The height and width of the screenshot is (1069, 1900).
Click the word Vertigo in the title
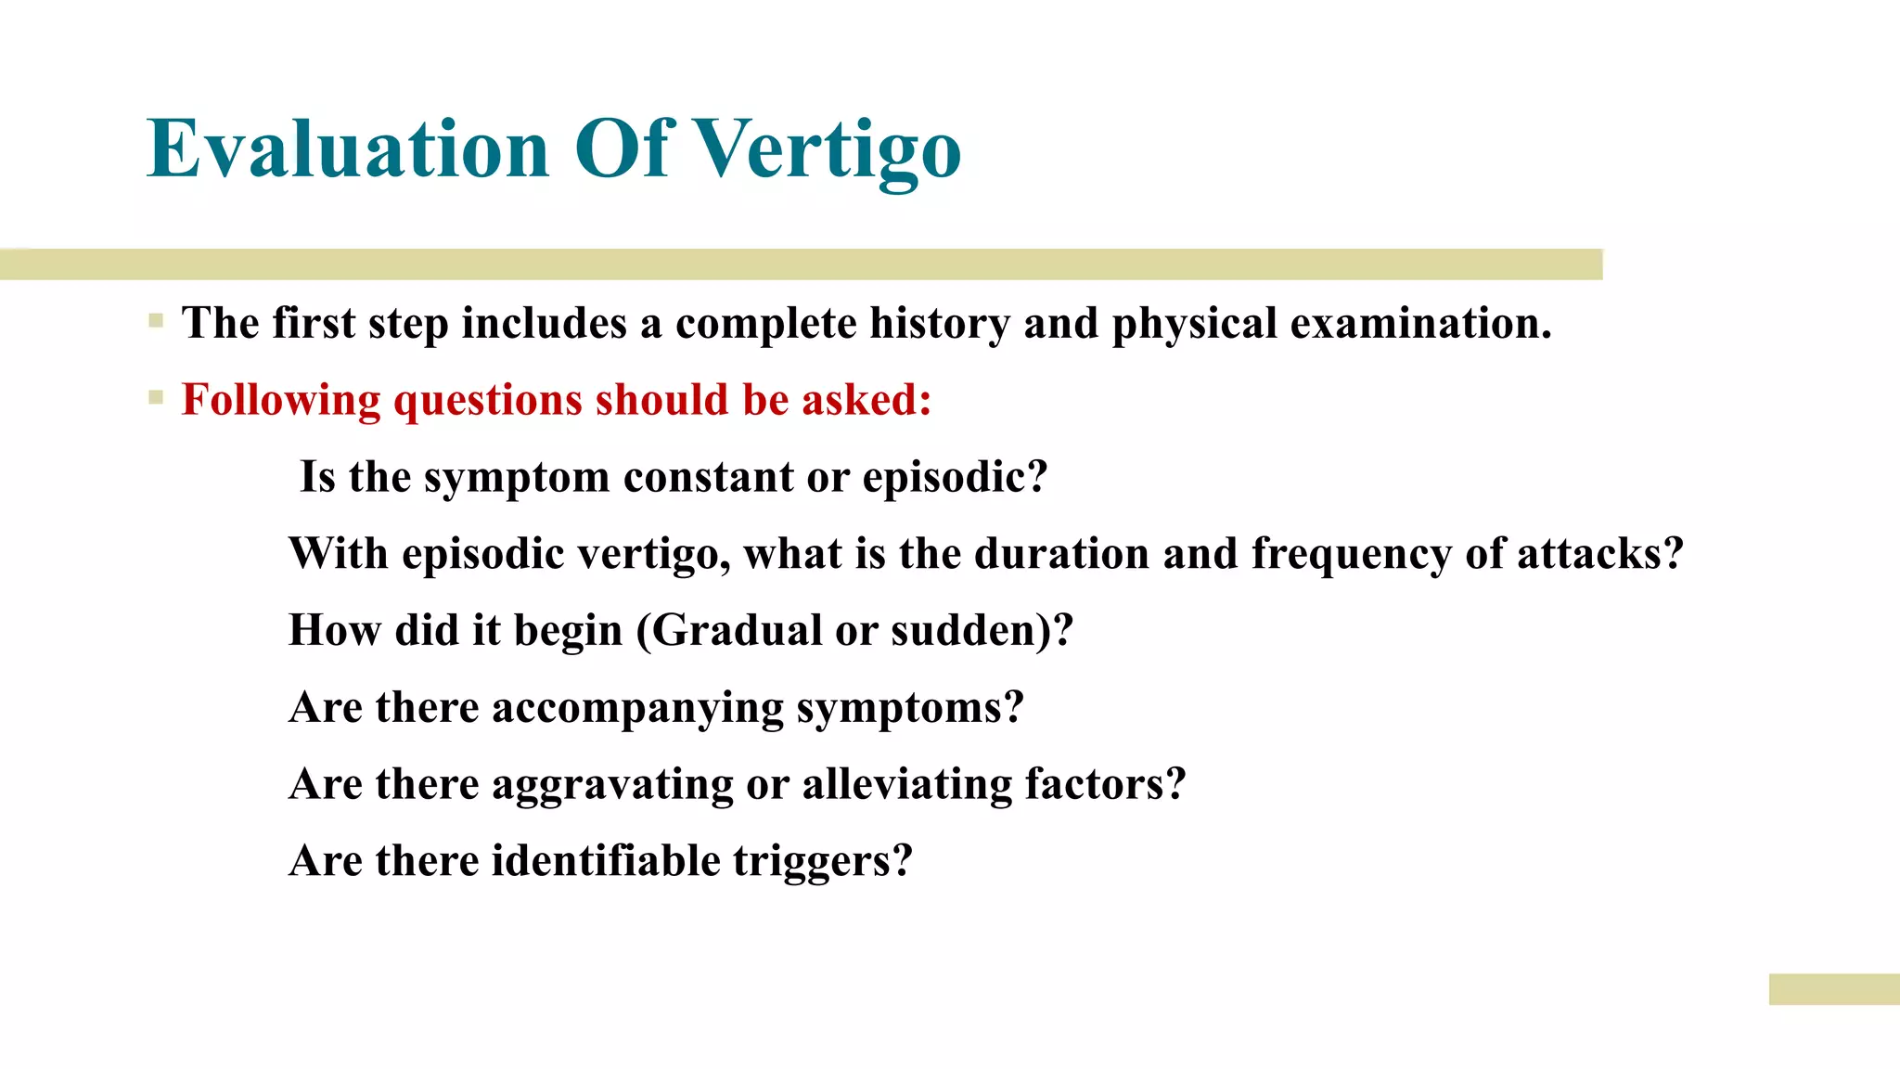828,150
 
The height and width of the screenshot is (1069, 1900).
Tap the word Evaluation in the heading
348,150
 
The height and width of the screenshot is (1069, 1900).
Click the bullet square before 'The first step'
156,322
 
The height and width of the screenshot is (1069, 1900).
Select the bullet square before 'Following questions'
156,399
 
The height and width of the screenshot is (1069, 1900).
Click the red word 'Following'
280,401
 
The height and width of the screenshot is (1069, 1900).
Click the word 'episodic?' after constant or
955,478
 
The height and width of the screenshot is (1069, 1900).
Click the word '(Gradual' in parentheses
728,631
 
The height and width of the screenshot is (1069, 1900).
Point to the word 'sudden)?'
982,631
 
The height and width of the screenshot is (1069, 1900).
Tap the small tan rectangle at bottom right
1833,989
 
